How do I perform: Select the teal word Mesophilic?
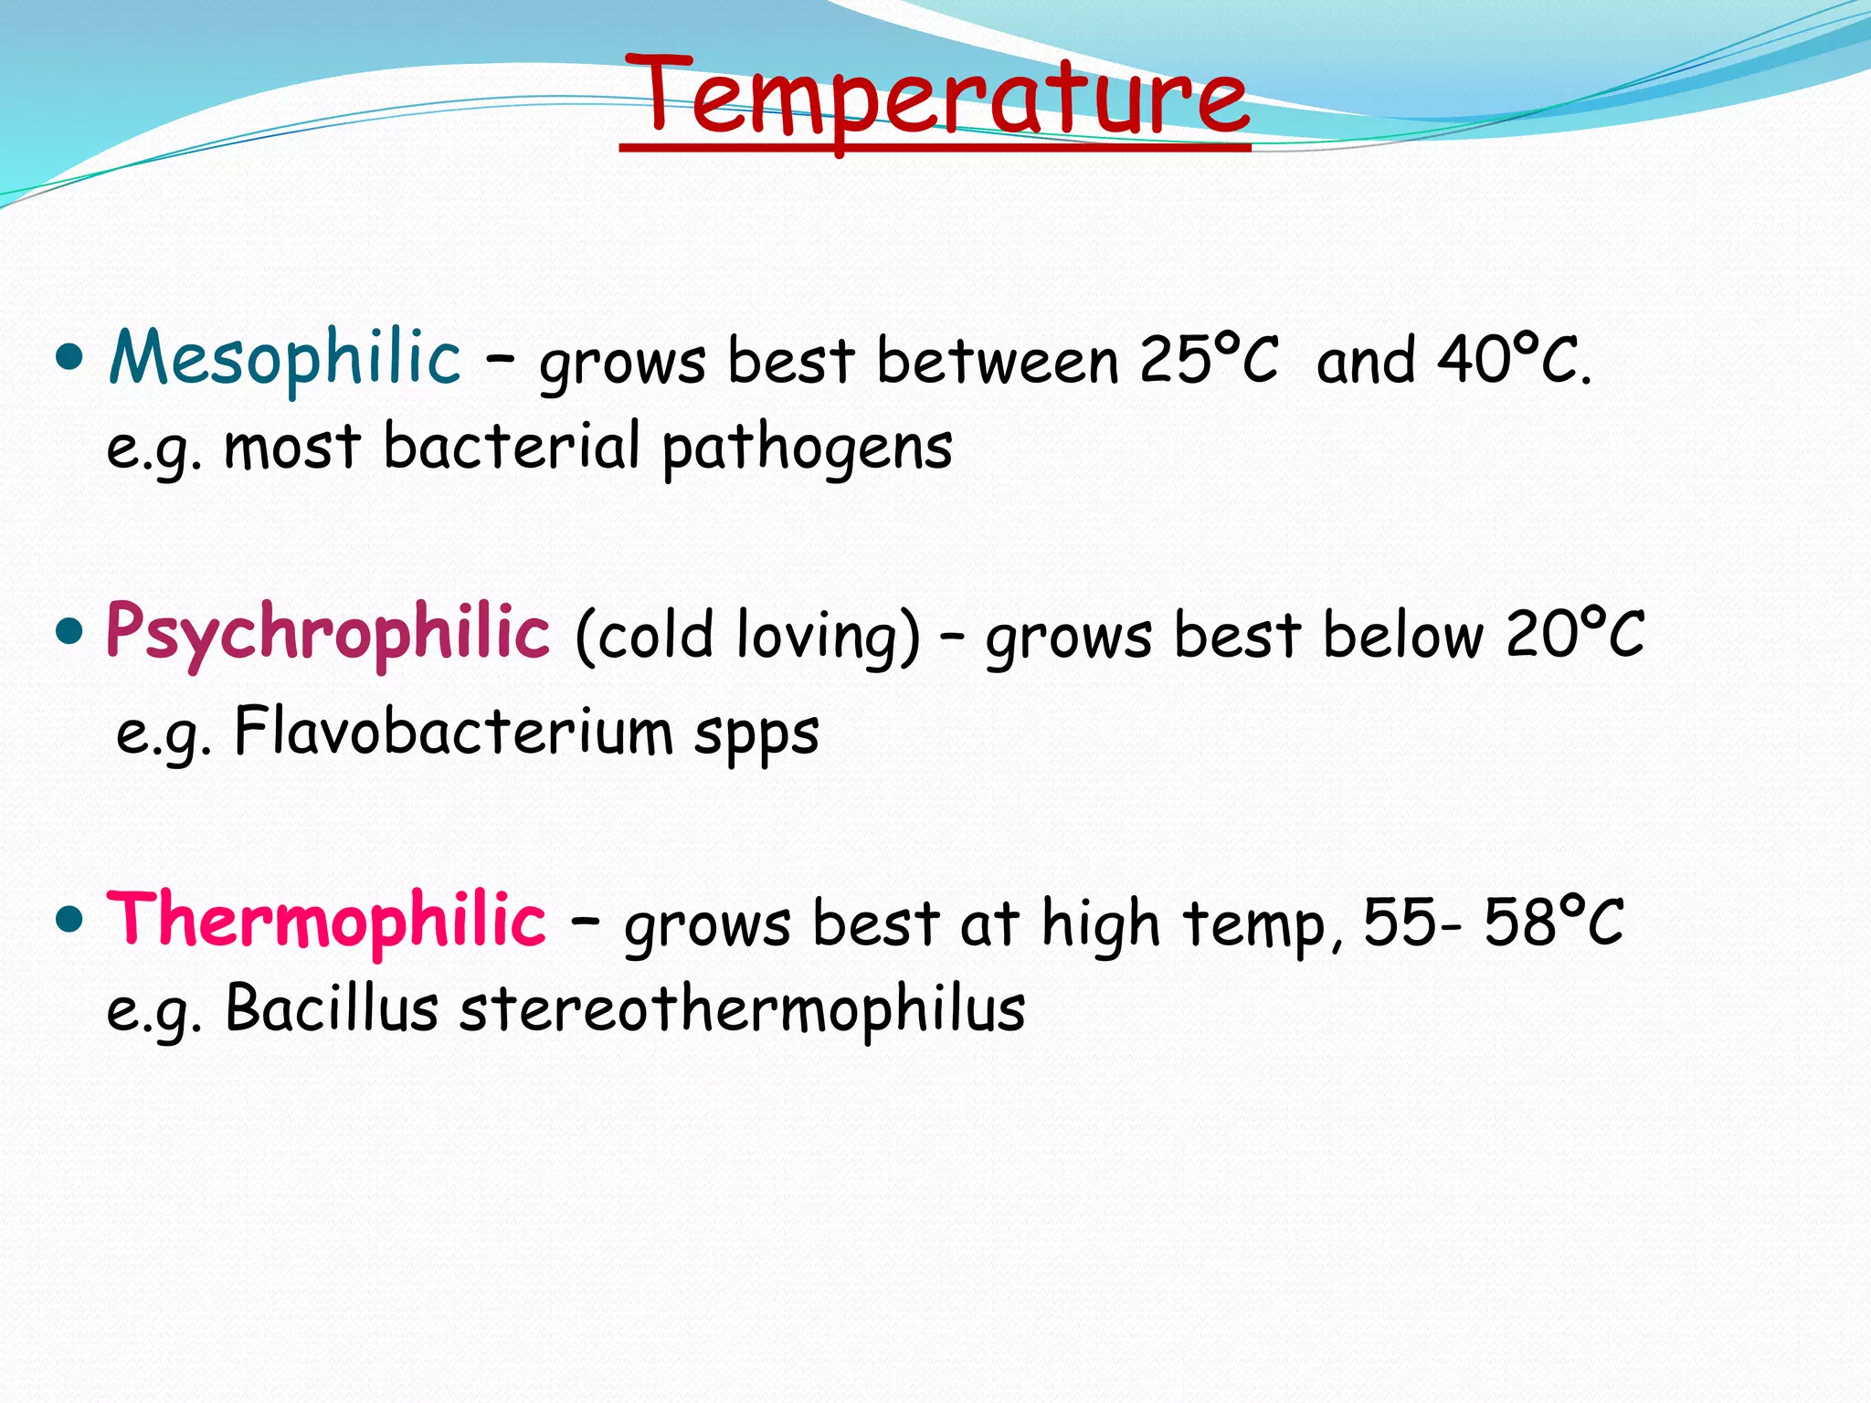284,358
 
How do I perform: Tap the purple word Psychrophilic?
328,633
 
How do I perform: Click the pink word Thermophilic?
326,921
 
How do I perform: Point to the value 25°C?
1208,360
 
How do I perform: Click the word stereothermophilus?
742,1009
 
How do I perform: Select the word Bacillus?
332,1009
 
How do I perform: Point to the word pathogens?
808,448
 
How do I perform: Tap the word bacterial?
512,447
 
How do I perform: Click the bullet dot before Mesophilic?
69,355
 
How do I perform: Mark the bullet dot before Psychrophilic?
69,630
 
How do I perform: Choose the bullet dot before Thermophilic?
69,918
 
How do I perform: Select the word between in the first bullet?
998,360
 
